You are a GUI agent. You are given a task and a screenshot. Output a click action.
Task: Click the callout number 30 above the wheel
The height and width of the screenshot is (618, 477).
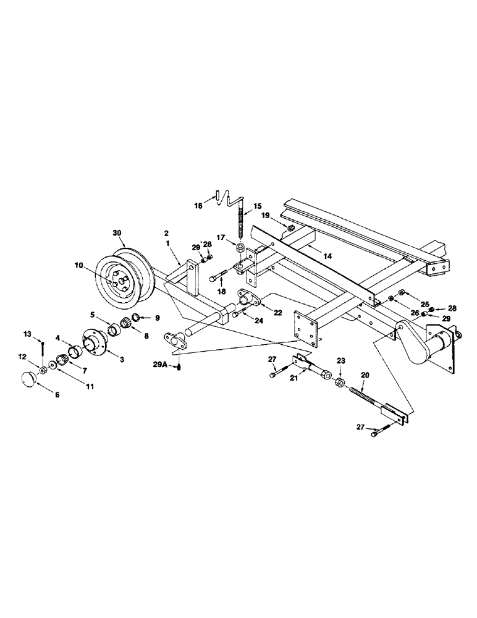117,233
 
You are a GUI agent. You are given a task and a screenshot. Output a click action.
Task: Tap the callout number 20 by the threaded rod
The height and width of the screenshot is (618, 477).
365,375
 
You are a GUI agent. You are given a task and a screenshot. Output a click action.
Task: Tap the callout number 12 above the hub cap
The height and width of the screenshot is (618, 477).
23,357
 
